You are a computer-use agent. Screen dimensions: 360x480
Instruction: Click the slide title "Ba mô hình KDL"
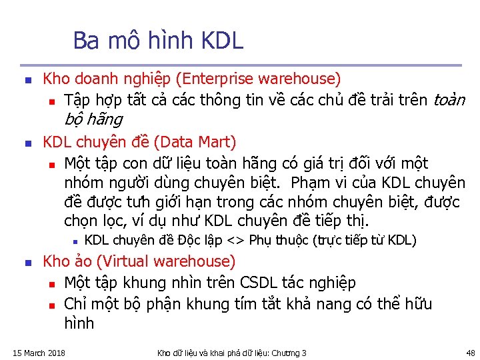click(158, 41)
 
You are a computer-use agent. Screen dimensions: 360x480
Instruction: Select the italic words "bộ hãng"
click(93, 120)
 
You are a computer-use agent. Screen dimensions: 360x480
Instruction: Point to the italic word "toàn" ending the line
click(449, 101)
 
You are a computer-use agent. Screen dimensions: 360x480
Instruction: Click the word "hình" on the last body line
click(79, 324)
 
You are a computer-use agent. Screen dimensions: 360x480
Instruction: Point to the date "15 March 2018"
click(39, 353)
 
